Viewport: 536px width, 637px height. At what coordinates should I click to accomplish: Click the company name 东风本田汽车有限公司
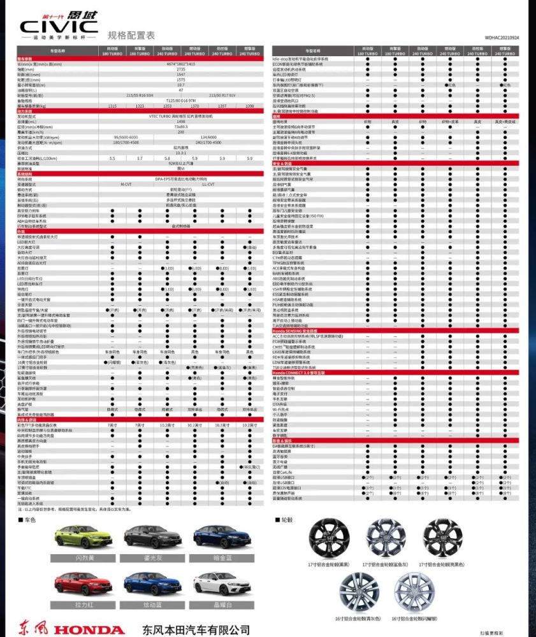point(196,629)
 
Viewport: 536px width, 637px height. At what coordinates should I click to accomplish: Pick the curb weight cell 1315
point(113,106)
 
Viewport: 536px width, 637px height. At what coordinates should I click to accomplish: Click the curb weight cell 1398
point(249,106)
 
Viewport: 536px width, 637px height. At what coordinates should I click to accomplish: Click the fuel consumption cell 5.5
point(113,157)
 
